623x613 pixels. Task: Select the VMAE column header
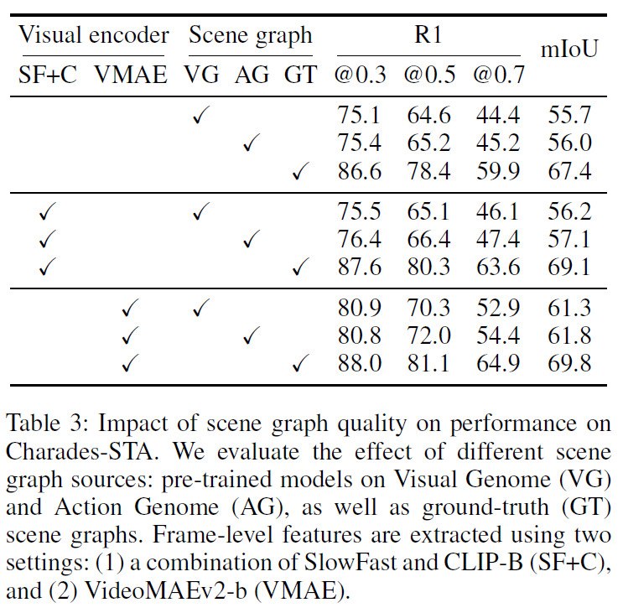pyautogui.click(x=131, y=75)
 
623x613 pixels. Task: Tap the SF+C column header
pyautogui.click(x=48, y=75)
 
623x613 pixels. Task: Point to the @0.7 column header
pyautogui.click(x=498, y=75)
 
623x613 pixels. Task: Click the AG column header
pyautogui.click(x=252, y=75)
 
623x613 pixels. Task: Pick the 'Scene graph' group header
pyautogui.click(x=250, y=35)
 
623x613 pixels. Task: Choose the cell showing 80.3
pyautogui.click(x=428, y=268)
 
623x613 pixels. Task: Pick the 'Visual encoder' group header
pyautogui.click(x=93, y=35)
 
